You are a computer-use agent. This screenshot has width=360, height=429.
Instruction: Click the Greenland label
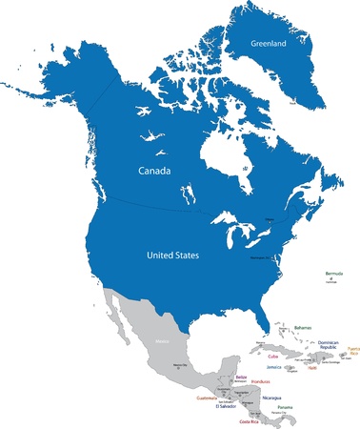268,44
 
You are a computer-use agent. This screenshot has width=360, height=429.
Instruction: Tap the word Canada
154,173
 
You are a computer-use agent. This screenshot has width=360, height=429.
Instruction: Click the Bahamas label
303,328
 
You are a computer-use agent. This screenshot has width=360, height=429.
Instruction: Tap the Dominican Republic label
327,345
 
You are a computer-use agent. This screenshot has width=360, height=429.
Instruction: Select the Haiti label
310,368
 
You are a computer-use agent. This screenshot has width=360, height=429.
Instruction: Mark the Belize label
241,378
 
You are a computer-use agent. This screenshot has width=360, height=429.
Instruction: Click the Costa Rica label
250,421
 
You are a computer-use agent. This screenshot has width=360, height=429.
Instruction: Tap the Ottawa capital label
268,220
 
